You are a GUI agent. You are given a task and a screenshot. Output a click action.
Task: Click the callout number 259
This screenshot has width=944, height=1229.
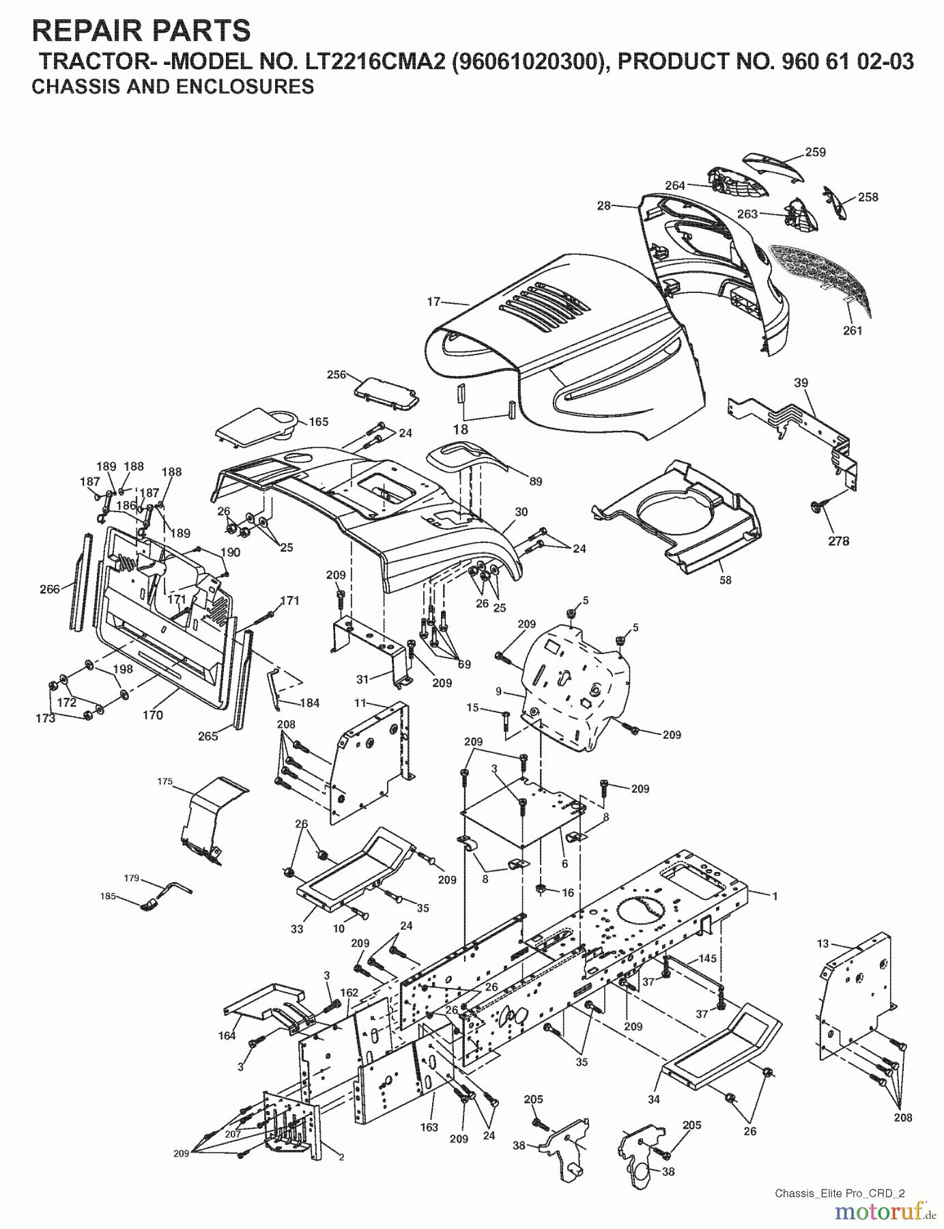tap(815, 152)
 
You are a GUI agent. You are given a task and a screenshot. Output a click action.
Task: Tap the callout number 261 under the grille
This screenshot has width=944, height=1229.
tap(853, 330)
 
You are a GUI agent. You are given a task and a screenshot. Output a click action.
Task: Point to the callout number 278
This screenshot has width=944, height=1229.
tap(838, 541)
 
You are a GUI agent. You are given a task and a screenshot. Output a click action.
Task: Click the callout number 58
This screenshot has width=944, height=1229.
tap(725, 580)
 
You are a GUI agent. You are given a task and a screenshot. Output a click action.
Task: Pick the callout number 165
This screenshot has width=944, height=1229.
tap(318, 422)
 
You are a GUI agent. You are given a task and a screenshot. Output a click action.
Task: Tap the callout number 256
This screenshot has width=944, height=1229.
tap(337, 374)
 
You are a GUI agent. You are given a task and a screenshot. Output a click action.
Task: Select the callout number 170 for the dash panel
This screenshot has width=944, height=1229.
tap(153, 715)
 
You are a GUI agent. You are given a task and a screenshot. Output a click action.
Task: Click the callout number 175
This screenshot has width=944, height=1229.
tap(165, 781)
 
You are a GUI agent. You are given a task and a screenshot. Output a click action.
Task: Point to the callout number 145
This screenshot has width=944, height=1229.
tap(707, 959)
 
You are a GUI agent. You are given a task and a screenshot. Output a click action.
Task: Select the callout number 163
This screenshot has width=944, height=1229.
tap(429, 1127)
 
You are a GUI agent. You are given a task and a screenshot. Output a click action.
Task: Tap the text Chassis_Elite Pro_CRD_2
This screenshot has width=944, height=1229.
tap(839, 1193)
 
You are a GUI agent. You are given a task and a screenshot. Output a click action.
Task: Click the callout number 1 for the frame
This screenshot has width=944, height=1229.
tap(775, 895)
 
